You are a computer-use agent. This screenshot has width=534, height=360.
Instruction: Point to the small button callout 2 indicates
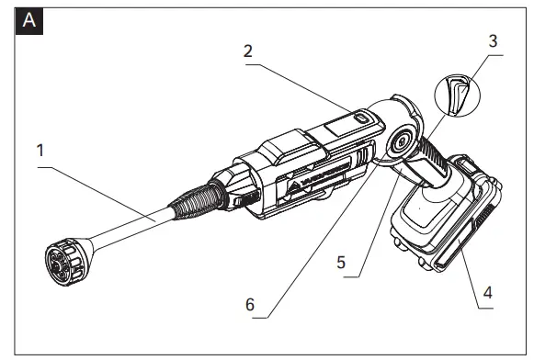[361, 118]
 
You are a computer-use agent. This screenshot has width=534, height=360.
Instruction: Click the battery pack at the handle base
[446, 220]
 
